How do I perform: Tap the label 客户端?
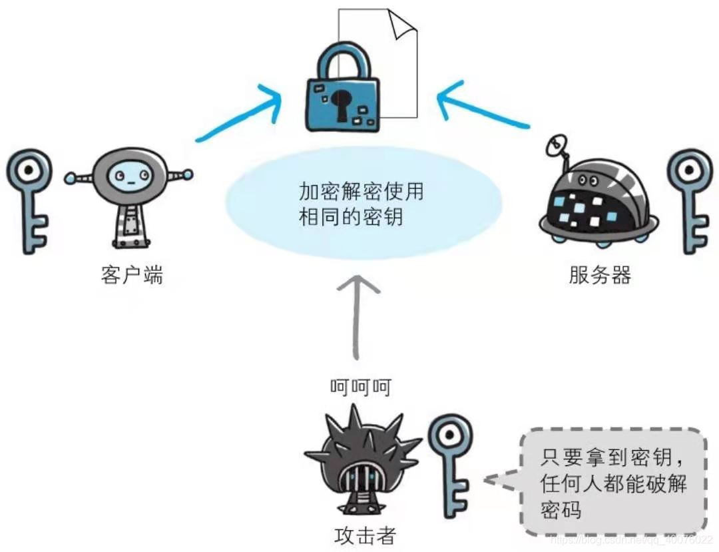pyautogui.click(x=132, y=274)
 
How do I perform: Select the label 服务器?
pyautogui.click(x=599, y=274)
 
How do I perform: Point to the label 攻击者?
pyautogui.click(x=365, y=535)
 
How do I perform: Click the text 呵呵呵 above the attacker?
pyautogui.click(x=360, y=388)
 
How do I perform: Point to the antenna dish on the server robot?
pyautogui.click(x=559, y=142)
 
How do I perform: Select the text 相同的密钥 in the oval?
pyautogui.click(x=351, y=217)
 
